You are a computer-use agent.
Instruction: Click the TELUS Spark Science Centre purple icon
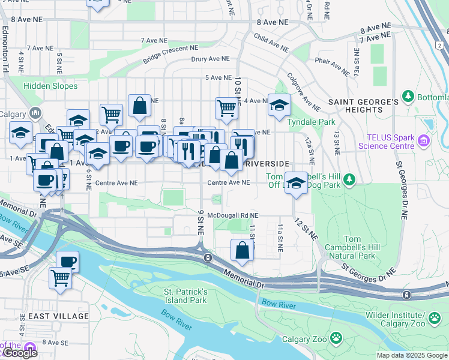click(424, 142)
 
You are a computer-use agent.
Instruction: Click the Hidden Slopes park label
click(50, 86)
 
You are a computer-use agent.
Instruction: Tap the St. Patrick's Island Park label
click(186, 296)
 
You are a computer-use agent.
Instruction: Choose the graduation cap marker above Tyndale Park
click(279, 105)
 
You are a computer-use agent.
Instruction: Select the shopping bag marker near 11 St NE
click(242, 250)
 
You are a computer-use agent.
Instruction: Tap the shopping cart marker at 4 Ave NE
click(227, 108)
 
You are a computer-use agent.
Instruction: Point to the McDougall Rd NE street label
click(232, 215)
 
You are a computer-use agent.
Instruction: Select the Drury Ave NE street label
click(210, 59)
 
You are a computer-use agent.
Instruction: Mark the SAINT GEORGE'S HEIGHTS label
click(364, 106)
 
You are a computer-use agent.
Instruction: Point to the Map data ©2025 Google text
click(411, 355)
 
